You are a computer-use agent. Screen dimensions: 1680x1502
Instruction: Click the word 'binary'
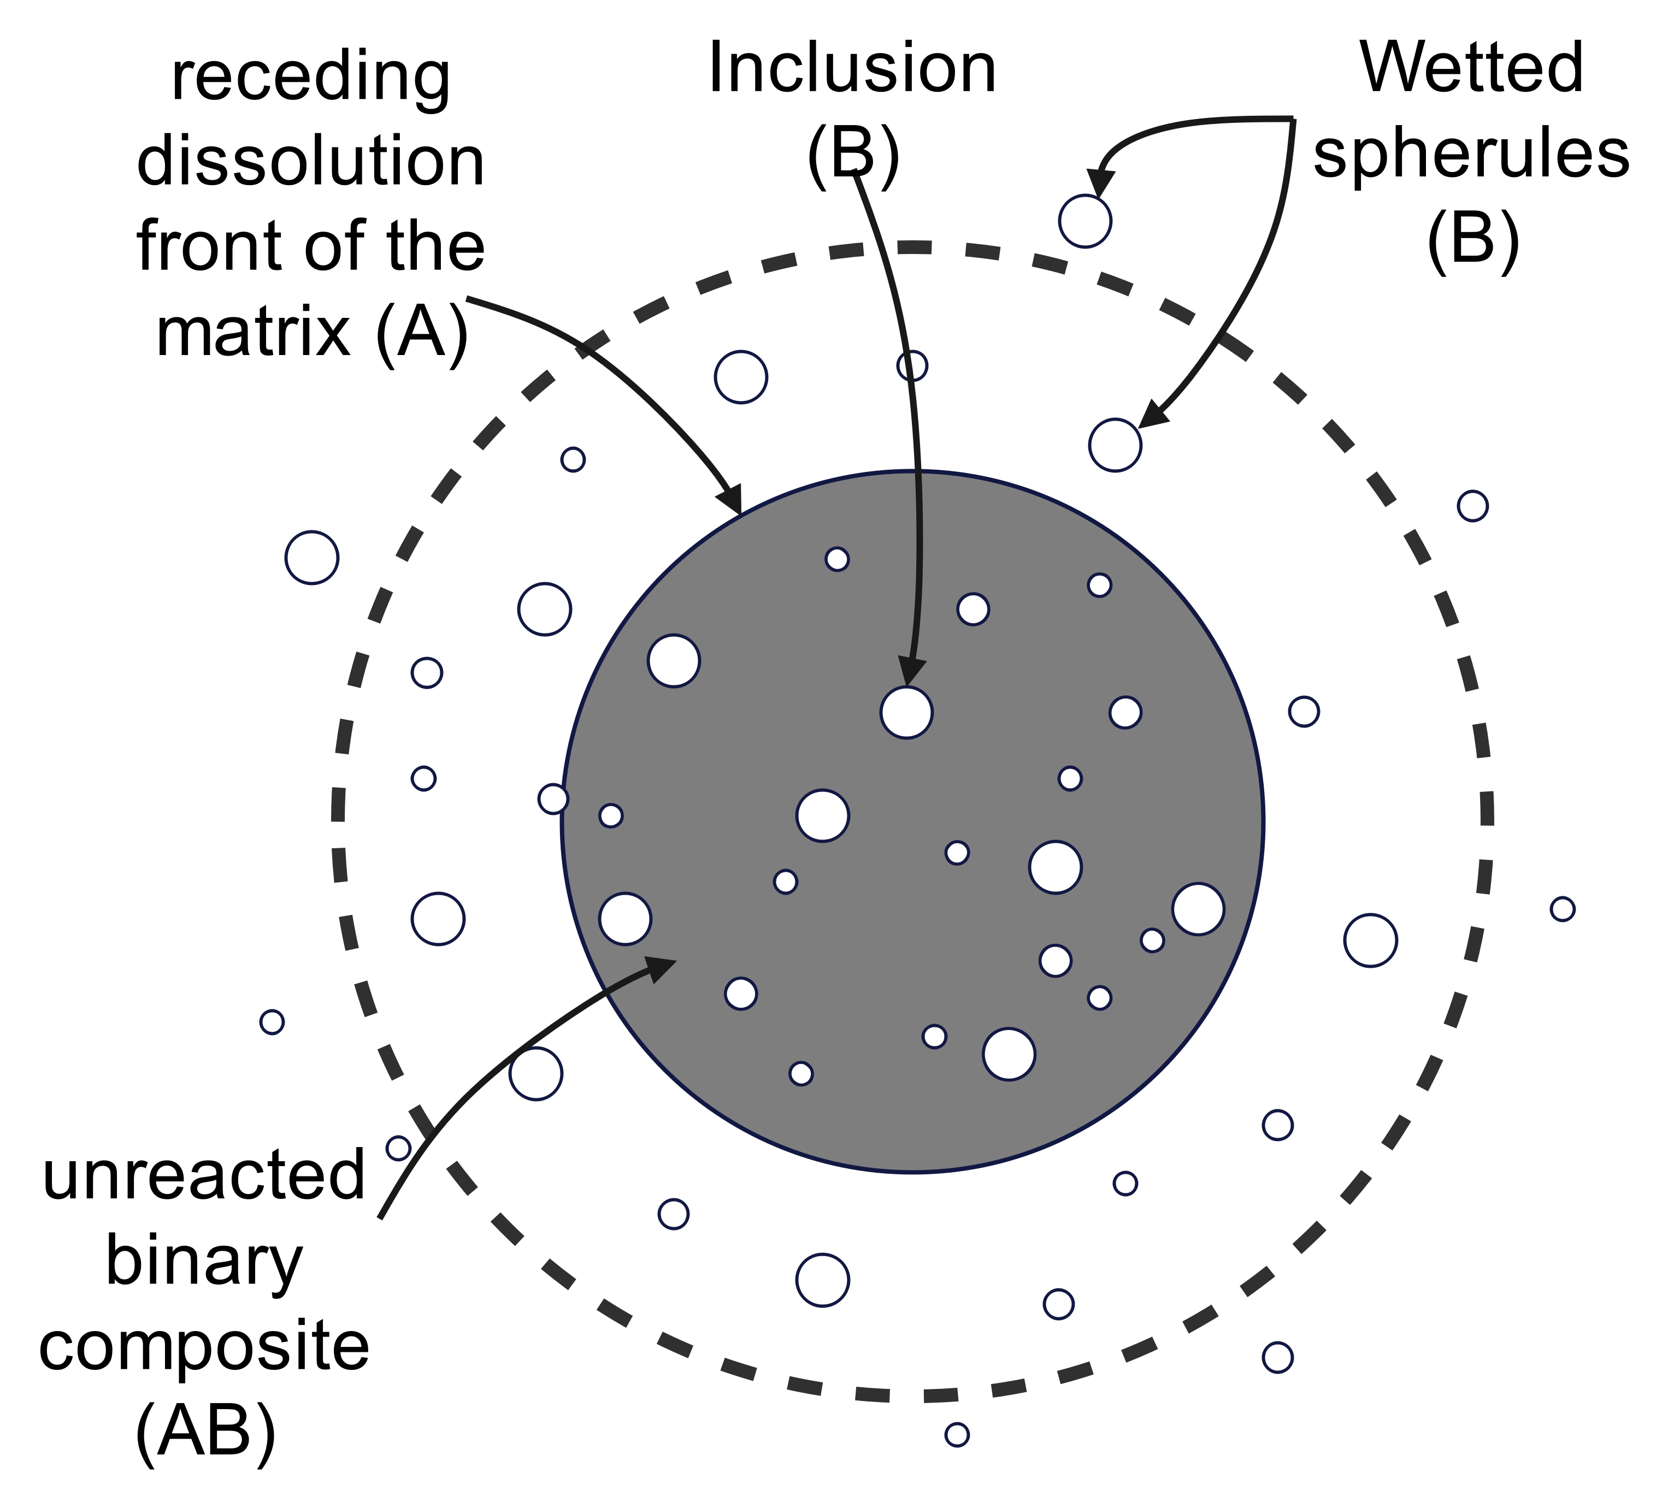coord(204,1263)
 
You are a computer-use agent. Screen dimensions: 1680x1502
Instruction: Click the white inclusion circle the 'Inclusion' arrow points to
coord(906,712)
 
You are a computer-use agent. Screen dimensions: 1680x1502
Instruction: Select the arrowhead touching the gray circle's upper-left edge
coord(730,499)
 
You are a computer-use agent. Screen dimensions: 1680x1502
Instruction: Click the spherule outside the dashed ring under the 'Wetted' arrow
coord(1085,221)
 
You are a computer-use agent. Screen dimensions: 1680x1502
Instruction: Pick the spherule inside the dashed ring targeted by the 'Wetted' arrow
coord(1115,445)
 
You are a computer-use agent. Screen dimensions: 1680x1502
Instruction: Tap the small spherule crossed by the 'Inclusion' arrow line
coord(912,365)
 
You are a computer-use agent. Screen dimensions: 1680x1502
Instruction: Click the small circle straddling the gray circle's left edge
coord(553,799)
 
